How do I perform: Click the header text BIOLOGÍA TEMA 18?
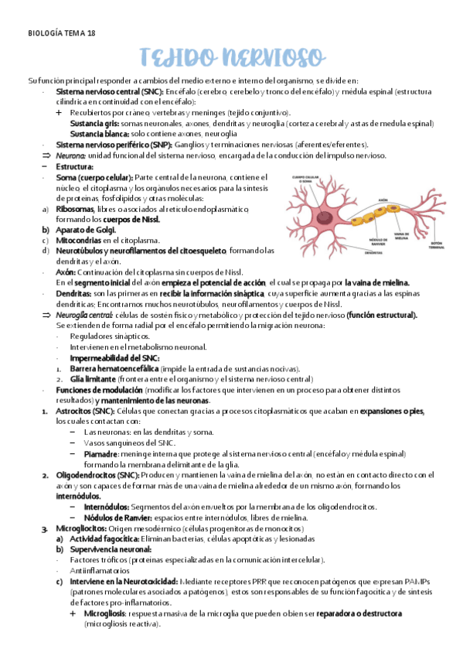pos(62,33)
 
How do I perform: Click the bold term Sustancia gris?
pos(94,123)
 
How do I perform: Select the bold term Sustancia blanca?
pos(97,133)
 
